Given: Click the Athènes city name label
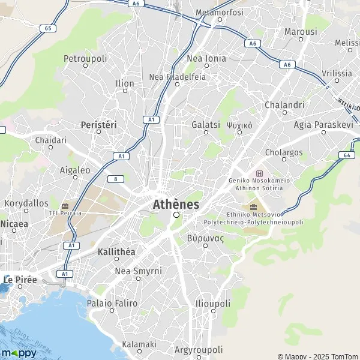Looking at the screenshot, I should click(x=176, y=204).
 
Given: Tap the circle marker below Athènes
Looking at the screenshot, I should click(x=176, y=215).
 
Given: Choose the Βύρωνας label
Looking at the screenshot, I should click(x=205, y=238).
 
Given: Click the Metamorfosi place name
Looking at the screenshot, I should click(x=220, y=12).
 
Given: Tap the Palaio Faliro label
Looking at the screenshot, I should click(x=112, y=304).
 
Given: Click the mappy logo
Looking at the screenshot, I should click(x=19, y=352).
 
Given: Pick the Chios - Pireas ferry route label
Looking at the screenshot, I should click(x=32, y=334).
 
